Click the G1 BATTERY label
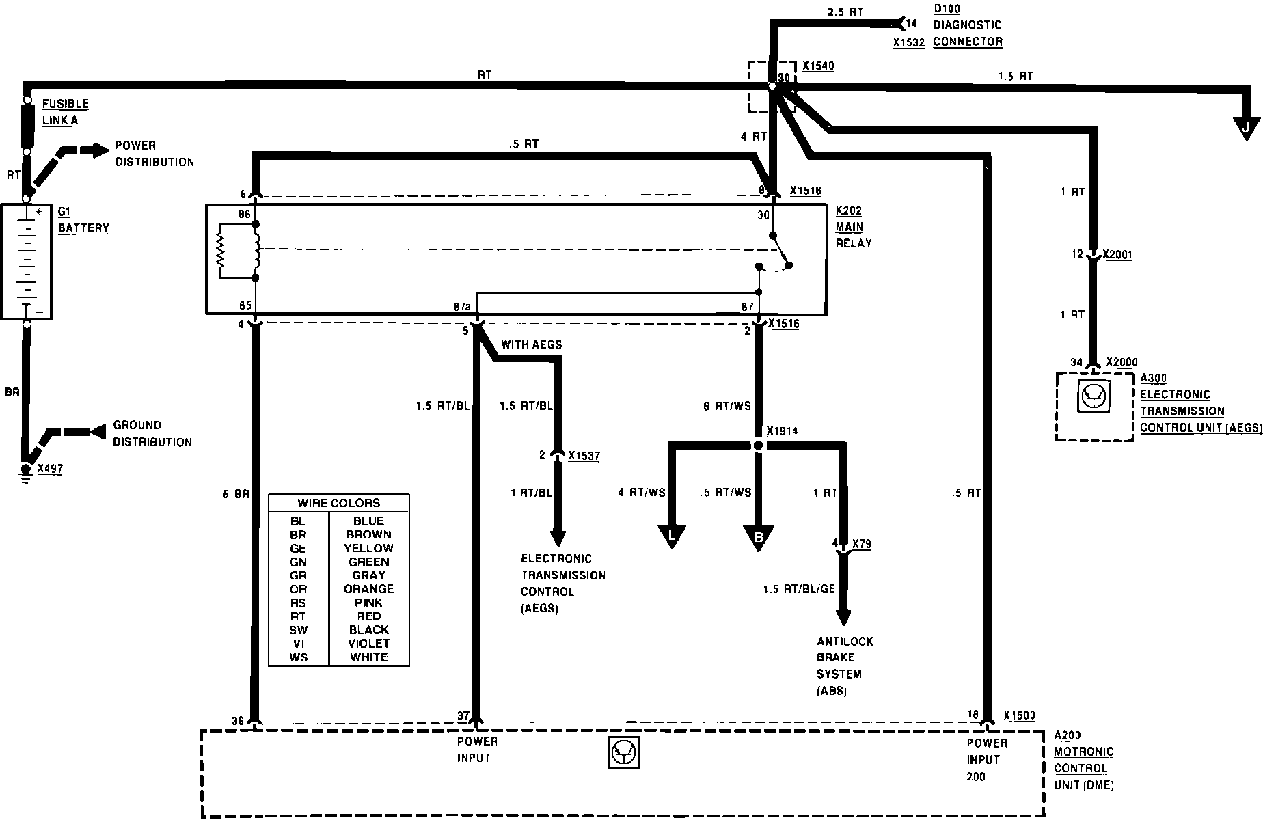point(83,220)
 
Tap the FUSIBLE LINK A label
point(65,112)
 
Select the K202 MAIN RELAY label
point(854,227)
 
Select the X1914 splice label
point(782,432)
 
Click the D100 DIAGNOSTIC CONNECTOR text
point(967,33)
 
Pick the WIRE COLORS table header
point(339,503)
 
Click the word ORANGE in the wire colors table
point(369,589)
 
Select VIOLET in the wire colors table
point(369,644)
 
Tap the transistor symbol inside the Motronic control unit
point(623,753)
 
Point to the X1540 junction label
point(818,66)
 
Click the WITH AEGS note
point(531,345)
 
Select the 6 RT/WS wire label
point(726,406)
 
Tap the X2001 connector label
point(1119,255)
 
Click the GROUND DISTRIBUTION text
point(152,433)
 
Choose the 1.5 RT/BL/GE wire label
point(799,589)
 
